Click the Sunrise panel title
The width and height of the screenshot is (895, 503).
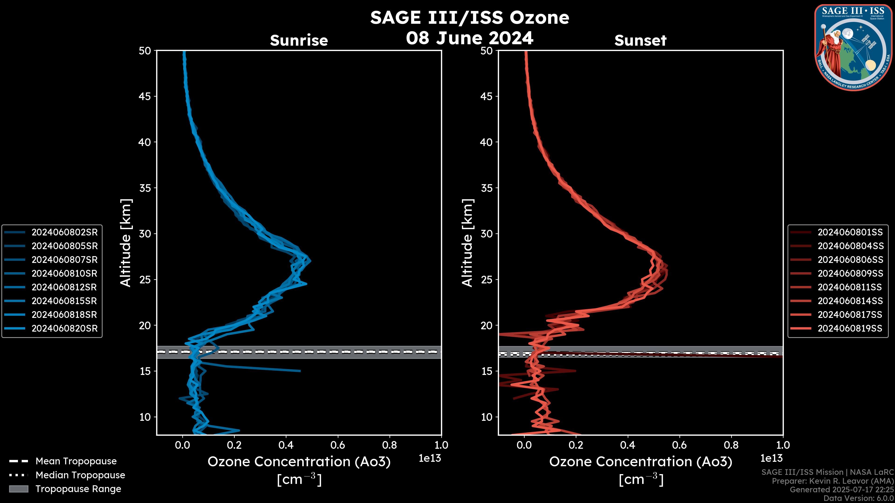click(x=299, y=40)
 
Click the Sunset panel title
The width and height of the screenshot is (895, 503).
click(x=640, y=40)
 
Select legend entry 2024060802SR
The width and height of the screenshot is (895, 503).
click(x=65, y=232)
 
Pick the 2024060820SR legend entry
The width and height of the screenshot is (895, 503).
click(x=65, y=328)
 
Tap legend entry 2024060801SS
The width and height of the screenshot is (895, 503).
click(x=850, y=232)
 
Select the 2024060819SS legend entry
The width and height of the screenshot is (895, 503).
click(x=850, y=328)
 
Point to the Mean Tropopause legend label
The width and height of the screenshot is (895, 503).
click(x=76, y=461)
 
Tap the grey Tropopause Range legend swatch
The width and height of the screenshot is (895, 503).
click(x=19, y=489)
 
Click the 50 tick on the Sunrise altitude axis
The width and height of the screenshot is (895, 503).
click(x=145, y=51)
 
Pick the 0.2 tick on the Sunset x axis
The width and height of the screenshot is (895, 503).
click(x=576, y=445)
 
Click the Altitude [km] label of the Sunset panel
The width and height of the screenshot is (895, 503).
click(x=467, y=243)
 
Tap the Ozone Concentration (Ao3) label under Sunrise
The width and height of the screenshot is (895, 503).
click(x=299, y=462)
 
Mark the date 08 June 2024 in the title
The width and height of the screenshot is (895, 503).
click(x=469, y=38)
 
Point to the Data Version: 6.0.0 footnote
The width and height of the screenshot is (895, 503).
click(x=858, y=498)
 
